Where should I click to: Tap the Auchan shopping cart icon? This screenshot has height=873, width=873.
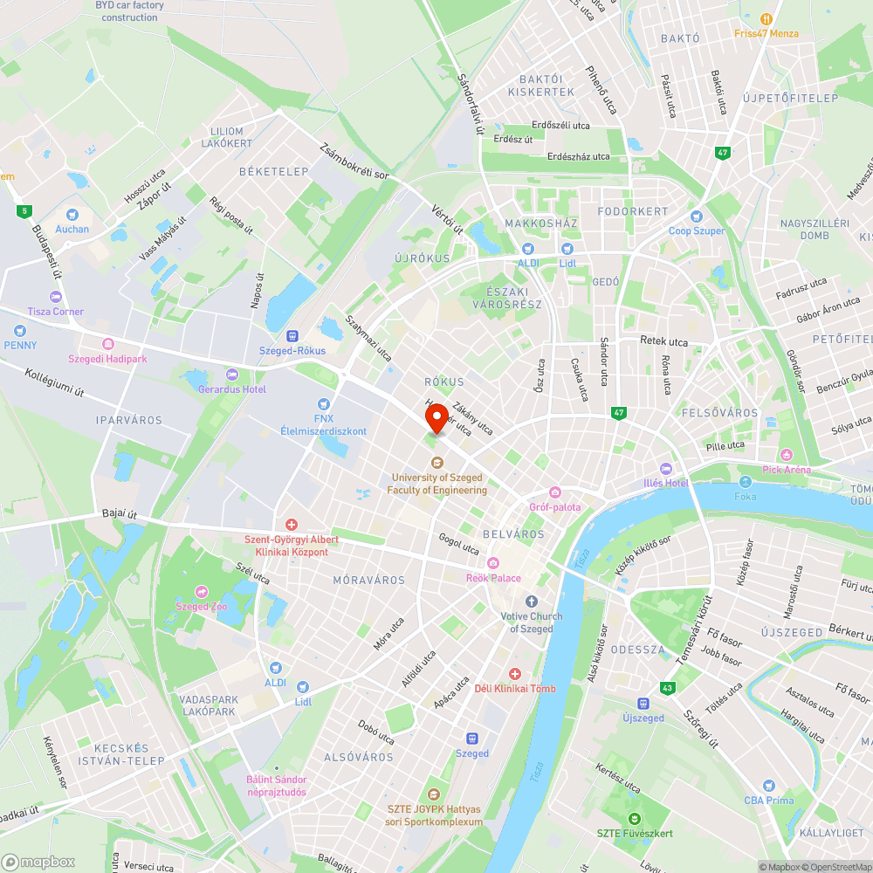pos(72,214)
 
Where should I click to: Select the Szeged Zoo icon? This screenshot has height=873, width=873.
pos(202,591)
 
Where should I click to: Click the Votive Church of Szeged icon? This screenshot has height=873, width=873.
pos(532,601)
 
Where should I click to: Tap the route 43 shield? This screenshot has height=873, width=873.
pos(668,688)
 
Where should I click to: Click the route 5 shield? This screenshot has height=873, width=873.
pos(24,210)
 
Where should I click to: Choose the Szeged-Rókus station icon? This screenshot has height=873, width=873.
pos(292,335)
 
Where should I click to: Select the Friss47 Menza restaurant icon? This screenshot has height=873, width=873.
pos(766,19)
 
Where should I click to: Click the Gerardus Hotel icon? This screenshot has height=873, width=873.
pos(231,374)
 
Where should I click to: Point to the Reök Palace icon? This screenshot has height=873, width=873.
pos(493,563)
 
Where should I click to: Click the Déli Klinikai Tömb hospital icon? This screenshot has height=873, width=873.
pos(515,674)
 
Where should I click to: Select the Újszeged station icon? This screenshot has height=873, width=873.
pos(643,703)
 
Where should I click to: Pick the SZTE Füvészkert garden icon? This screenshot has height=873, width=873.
pos(634,818)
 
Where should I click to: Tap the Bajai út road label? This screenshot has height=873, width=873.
pos(120,514)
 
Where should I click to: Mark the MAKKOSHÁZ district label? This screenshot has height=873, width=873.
pos(541,223)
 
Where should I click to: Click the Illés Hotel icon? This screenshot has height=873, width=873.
pos(667,469)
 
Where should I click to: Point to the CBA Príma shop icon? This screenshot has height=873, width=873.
pos(768,786)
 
